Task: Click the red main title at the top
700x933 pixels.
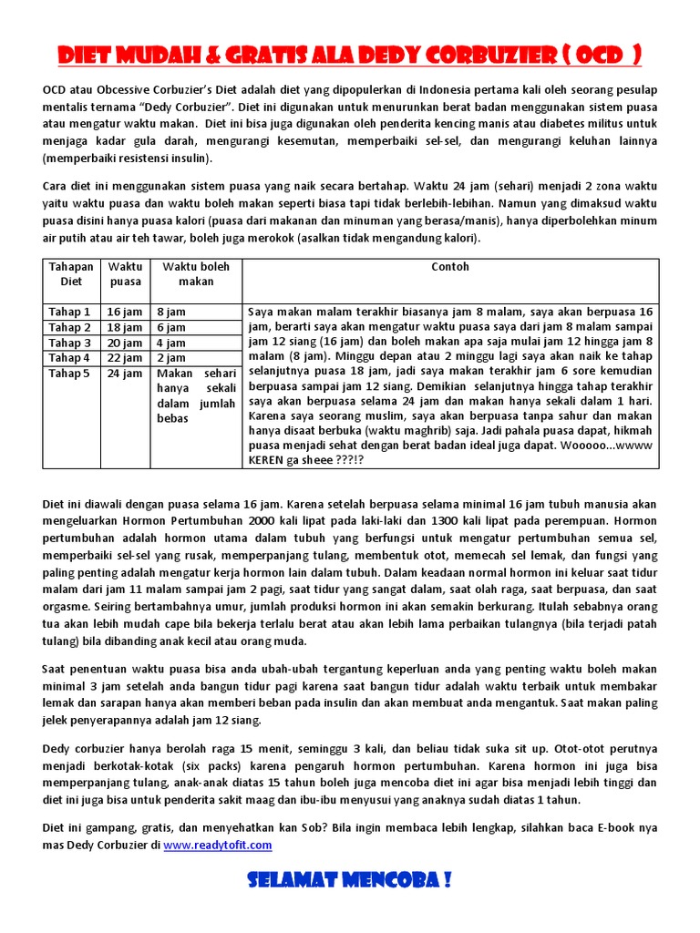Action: pos(349,56)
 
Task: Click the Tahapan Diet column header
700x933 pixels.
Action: pos(70,274)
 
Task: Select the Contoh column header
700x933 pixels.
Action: pos(450,267)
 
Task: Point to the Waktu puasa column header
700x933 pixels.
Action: pos(126,274)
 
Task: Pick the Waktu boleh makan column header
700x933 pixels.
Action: pos(196,274)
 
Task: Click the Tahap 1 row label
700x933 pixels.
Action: pos(69,312)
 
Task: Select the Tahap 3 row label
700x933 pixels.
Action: pos(69,343)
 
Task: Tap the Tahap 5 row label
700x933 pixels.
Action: pos(69,374)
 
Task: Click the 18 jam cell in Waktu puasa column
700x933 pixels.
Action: pos(126,327)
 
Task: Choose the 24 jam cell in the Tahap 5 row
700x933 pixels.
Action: pos(126,374)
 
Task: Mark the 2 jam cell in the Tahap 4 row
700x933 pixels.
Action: pos(171,358)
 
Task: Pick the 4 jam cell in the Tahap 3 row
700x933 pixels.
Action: pos(171,343)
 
